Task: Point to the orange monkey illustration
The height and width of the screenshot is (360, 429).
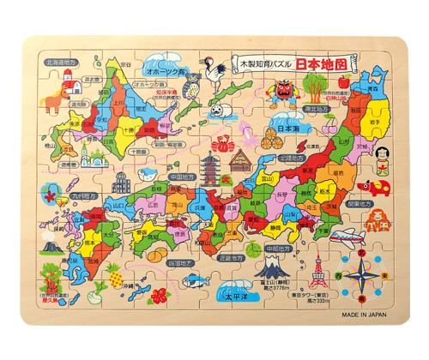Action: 374,219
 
